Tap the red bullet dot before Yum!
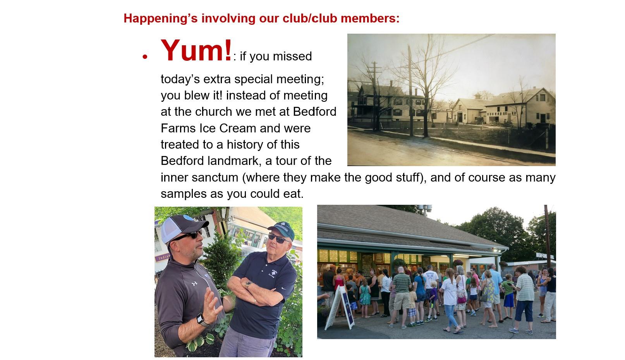click(x=144, y=57)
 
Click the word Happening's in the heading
click(x=161, y=19)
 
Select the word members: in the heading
click(x=370, y=19)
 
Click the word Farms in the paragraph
click(x=178, y=128)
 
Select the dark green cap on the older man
click(x=282, y=230)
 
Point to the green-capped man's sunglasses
click(x=278, y=238)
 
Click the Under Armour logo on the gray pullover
click(x=194, y=284)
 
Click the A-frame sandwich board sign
click(x=340, y=307)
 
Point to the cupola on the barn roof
click(x=478, y=96)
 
